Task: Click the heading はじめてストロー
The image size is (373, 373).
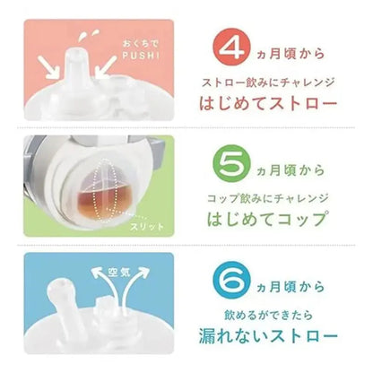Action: (x=268, y=103)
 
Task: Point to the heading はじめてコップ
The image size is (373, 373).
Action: (x=266, y=219)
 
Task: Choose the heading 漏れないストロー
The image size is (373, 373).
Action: (x=268, y=335)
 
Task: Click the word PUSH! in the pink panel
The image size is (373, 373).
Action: (x=141, y=56)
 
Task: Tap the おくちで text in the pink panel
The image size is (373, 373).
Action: (x=140, y=44)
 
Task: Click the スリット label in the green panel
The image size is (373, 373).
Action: (x=147, y=226)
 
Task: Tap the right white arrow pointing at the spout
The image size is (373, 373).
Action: (x=105, y=68)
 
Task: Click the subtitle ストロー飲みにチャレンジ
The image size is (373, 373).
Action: (x=268, y=82)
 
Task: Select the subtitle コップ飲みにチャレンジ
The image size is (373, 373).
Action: (x=268, y=198)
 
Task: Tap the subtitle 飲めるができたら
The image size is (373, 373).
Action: (x=268, y=315)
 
